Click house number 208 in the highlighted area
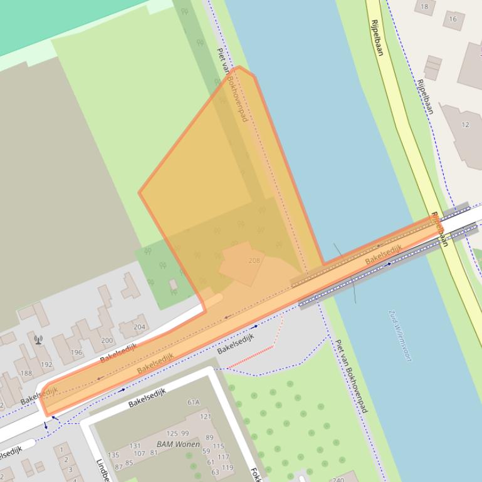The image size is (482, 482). tap(254, 260)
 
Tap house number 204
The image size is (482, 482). tap(139, 327)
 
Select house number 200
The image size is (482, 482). tap(107, 341)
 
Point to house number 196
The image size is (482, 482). tap(76, 352)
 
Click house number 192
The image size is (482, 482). tap(46, 364)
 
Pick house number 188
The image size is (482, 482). tap(26, 373)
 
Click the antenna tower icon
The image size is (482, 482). tap(38, 340)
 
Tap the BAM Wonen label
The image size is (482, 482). tap(173, 444)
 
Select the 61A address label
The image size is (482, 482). tap(193, 403)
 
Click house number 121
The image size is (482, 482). tap(206, 416)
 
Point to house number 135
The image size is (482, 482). tap(113, 455)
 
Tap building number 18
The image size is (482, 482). tap(424, 7)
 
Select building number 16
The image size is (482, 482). tap(452, 19)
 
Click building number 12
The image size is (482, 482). tap(465, 125)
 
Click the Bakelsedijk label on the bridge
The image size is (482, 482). tap(383, 254)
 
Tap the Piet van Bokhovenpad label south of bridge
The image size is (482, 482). tap(350, 376)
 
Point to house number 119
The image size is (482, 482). tap(227, 468)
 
